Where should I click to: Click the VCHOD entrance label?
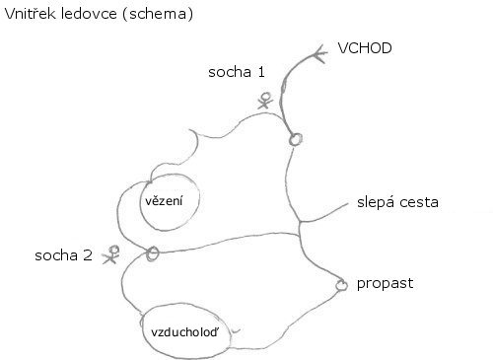[x=365, y=48]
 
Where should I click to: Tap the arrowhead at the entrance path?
[x=319, y=53]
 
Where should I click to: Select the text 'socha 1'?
[x=237, y=72]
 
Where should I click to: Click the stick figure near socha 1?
[x=265, y=101]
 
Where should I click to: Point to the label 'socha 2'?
[x=63, y=255]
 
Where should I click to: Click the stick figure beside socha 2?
[x=111, y=254]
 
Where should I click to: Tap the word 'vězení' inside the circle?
[x=164, y=200]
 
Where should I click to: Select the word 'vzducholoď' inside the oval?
[x=184, y=332]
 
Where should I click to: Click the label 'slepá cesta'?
[x=397, y=202]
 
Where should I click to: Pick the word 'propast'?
[x=385, y=283]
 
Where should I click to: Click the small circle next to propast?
[x=342, y=285]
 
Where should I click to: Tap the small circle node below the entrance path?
[x=296, y=139]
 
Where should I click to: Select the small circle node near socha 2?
[x=152, y=253]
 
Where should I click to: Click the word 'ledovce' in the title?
[x=89, y=14]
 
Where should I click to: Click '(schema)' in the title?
[x=158, y=15]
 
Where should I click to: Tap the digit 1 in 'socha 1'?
[x=261, y=72]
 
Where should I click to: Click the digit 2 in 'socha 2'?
[x=88, y=255]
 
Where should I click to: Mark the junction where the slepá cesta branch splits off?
[x=300, y=223]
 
